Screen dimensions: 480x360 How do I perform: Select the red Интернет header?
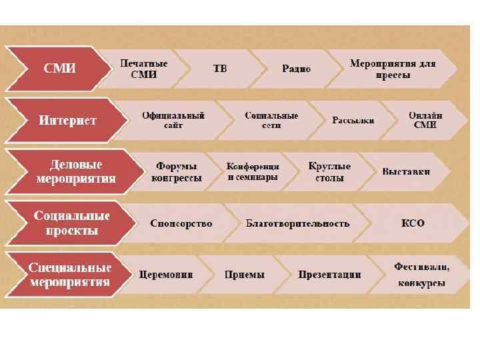(67, 121)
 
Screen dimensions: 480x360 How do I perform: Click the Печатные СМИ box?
(143, 69)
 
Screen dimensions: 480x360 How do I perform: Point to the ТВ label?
(219, 69)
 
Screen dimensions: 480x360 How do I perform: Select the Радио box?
(296, 69)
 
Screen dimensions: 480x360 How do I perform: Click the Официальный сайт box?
(173, 120)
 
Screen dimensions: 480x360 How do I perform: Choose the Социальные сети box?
(271, 120)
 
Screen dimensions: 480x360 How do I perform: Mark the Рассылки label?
(353, 121)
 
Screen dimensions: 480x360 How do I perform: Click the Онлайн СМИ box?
(425, 120)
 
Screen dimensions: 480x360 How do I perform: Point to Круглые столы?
(329, 172)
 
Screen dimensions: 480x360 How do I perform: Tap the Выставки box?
(406, 172)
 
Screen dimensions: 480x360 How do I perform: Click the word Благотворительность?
(297, 223)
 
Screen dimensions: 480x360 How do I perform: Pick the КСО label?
(413, 223)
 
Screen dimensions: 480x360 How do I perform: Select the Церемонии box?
(166, 275)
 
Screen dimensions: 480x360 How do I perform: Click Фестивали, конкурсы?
(421, 275)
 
